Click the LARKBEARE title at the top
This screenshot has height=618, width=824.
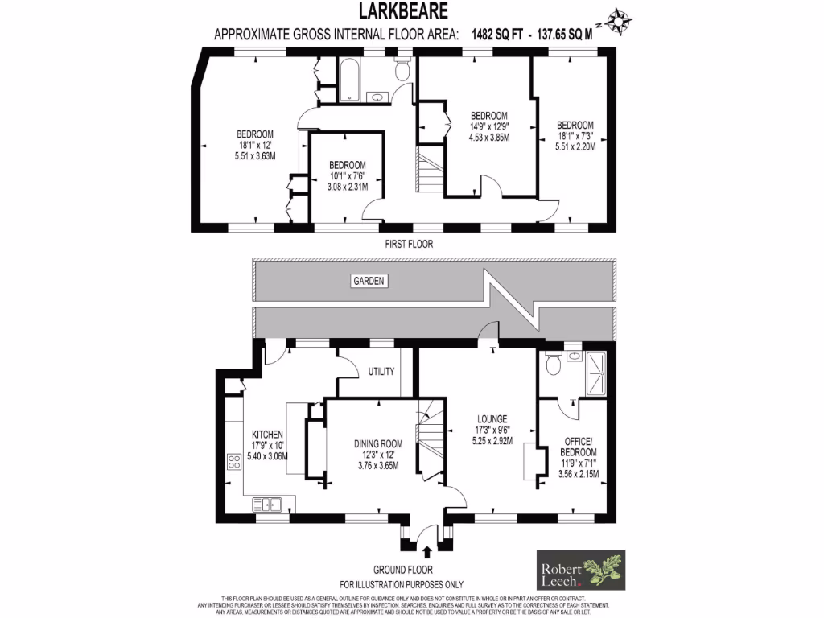[403, 12]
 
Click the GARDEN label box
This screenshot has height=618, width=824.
[369, 281]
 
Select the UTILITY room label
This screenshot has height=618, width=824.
[381, 372]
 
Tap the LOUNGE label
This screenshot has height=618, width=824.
[491, 418]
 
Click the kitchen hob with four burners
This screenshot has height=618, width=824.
[235, 461]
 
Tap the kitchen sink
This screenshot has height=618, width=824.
[267, 505]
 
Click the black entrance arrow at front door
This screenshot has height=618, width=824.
[426, 551]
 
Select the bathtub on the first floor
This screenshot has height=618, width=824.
[351, 80]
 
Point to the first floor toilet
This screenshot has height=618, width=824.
[403, 71]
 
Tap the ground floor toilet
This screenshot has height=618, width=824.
[553, 366]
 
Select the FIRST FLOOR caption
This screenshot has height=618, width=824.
[410, 243]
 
